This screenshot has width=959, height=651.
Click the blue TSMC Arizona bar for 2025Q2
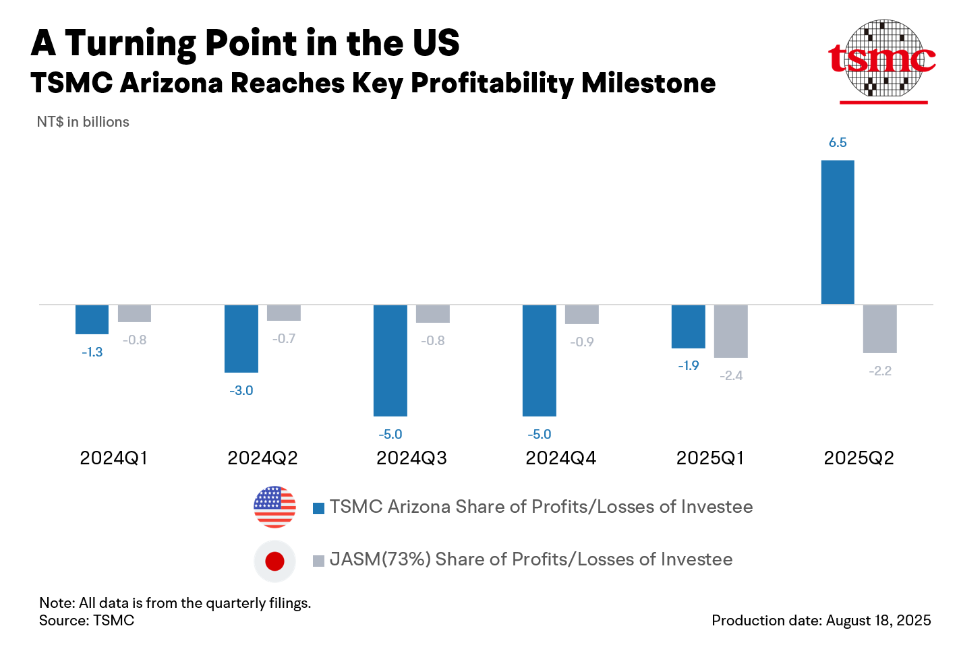838,232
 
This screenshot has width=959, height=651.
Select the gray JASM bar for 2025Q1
731,331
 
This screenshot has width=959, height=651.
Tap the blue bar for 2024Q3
390,361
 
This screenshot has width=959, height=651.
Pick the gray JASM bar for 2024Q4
581,314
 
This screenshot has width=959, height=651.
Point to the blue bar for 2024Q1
92,319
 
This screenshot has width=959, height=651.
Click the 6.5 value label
838,143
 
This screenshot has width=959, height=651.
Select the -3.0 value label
241,391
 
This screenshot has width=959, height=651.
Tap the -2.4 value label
731,376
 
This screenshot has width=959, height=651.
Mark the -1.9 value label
689,366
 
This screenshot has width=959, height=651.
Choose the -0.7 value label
284,339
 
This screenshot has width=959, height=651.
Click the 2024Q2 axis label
262,458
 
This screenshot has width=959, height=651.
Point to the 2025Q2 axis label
859,458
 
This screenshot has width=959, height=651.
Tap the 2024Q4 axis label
560,458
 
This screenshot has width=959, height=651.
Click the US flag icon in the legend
274,507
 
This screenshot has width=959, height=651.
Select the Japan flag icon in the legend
274,561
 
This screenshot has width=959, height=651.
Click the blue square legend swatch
319,508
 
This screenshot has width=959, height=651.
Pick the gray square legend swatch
319,561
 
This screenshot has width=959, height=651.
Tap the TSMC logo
883,61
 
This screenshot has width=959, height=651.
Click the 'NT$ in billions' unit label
83,122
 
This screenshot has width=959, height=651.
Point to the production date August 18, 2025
821,621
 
